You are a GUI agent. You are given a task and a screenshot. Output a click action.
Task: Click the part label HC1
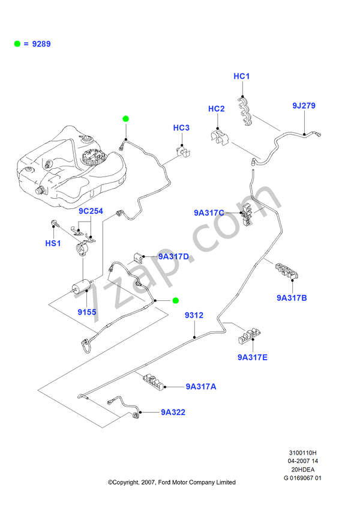pyautogui.click(x=241, y=76)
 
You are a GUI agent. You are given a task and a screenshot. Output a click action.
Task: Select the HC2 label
pyautogui.click(x=216, y=109)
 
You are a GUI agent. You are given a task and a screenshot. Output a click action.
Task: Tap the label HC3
pyautogui.click(x=181, y=128)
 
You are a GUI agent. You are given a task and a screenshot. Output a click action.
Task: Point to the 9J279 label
pyautogui.click(x=304, y=106)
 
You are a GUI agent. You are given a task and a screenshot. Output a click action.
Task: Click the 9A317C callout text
pyautogui.click(x=208, y=213)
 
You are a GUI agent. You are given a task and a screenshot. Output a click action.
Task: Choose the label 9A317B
pyautogui.click(x=292, y=297)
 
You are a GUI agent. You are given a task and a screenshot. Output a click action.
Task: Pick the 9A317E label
pyautogui.click(x=252, y=357)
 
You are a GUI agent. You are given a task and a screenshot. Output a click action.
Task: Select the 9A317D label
pyautogui.click(x=173, y=257)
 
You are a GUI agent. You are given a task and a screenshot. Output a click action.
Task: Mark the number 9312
pyautogui.click(x=193, y=315)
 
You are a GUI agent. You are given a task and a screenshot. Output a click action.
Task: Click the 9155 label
pyautogui.click(x=86, y=312)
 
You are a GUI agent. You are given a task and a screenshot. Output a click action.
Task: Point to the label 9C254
pyautogui.click(x=91, y=212)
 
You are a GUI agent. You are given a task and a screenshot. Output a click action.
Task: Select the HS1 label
pyautogui.click(x=53, y=243)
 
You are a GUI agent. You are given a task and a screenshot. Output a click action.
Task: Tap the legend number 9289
pyautogui.click(x=42, y=44)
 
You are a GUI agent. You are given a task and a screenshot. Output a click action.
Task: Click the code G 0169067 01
pyautogui.click(x=302, y=478)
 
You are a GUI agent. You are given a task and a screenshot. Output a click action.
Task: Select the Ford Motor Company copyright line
pyautogui.click(x=171, y=482)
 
